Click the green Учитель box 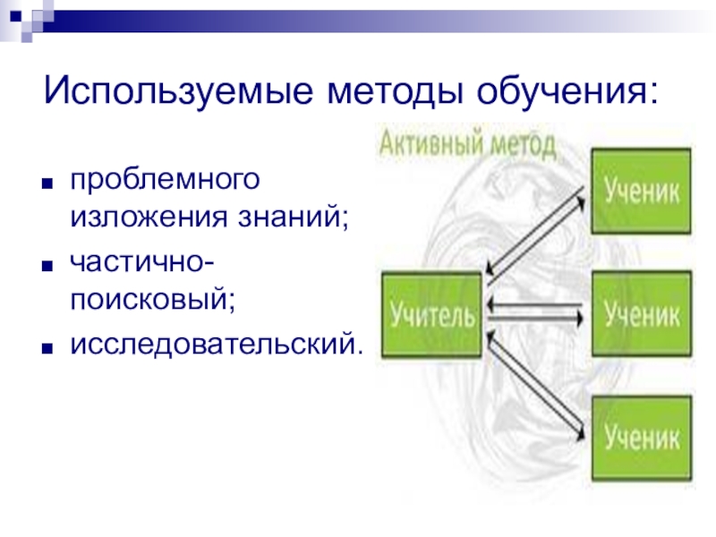click(x=431, y=316)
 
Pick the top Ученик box click(x=640, y=191)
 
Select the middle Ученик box click(x=640, y=314)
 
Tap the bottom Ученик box click(x=640, y=438)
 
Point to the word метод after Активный click(x=524, y=143)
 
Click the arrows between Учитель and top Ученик click(x=537, y=233)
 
